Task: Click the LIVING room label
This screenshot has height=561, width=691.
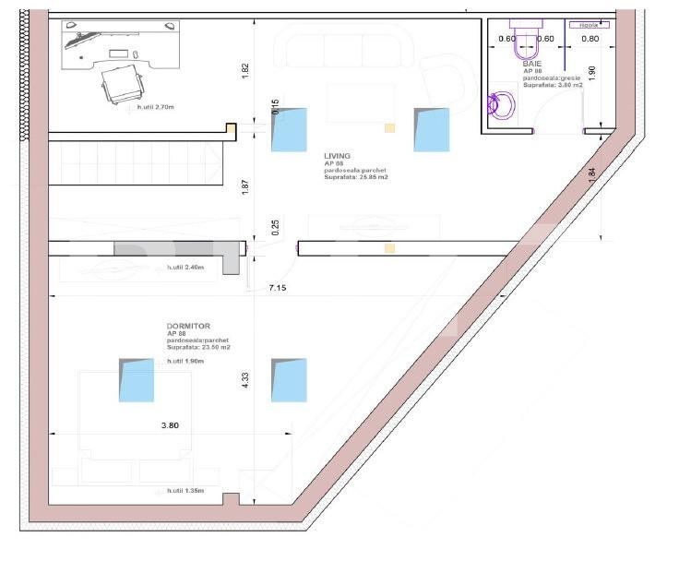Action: coord(338,156)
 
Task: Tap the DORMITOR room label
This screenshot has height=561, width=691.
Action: coord(187,326)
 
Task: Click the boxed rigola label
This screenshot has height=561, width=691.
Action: coord(588,26)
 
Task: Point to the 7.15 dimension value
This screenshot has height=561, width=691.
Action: coord(278,289)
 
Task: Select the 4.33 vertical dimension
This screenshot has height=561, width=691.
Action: coord(245,381)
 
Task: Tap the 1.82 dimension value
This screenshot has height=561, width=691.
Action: coord(244,71)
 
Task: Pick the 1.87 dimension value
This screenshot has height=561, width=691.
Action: coord(244,186)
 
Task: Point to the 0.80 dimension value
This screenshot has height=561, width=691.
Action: coord(591,39)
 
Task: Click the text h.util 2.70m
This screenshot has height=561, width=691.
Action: coord(155,106)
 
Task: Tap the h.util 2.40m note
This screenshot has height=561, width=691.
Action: coord(185,268)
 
